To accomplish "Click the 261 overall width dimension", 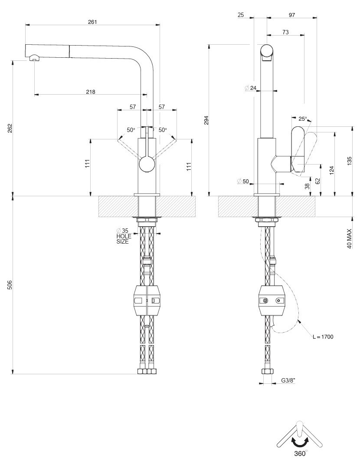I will click(92, 22).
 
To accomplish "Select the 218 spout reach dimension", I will click(90, 92).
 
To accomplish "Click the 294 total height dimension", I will click(206, 120).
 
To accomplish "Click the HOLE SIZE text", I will click(123, 239).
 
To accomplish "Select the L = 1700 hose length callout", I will click(323, 336).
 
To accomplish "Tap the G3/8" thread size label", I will click(288, 381).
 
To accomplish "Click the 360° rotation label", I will click(300, 453).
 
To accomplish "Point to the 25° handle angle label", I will click(302, 119).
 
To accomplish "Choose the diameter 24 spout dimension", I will click(251, 88).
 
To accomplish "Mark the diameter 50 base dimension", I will click(243, 181).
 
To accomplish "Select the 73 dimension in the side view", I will click(285, 32).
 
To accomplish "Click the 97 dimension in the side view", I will click(291, 15).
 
